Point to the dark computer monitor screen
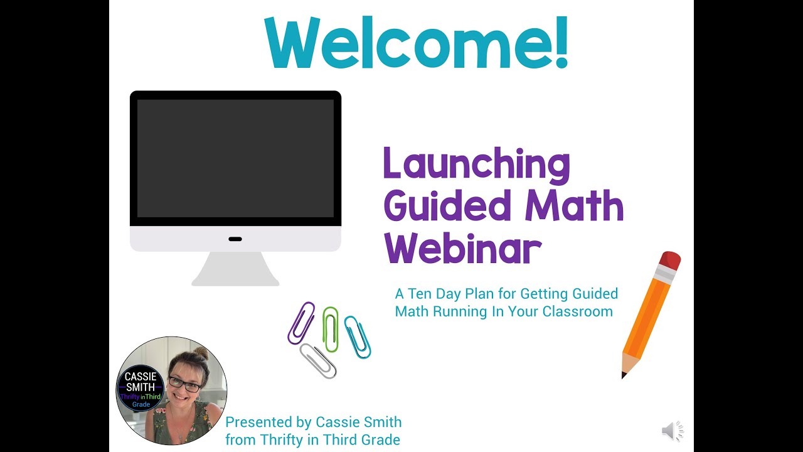235,158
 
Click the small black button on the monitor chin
235,239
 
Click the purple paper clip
301,322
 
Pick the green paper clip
331,328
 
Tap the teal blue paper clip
358,337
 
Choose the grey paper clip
317,360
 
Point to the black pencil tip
624,375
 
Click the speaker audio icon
672,431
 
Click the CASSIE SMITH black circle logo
141,388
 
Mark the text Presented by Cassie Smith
313,422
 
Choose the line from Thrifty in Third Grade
312,440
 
